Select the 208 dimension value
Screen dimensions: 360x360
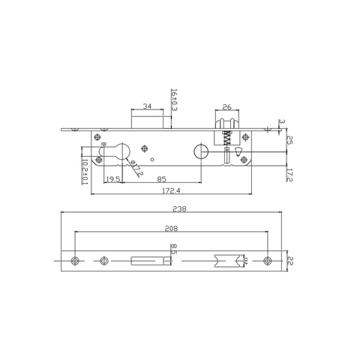(x=172, y=228)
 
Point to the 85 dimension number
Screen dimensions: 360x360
(x=161, y=179)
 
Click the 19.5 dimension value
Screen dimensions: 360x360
(x=113, y=179)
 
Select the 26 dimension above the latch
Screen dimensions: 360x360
(x=227, y=107)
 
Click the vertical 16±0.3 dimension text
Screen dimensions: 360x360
(x=174, y=100)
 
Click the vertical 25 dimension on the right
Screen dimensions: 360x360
(x=289, y=141)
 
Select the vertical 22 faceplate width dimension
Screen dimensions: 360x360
(x=289, y=260)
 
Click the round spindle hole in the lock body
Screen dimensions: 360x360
(x=199, y=151)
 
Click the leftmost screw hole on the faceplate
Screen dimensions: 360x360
(x=74, y=260)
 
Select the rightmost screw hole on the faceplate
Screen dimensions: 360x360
(x=268, y=260)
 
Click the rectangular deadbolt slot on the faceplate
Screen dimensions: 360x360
(x=147, y=260)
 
